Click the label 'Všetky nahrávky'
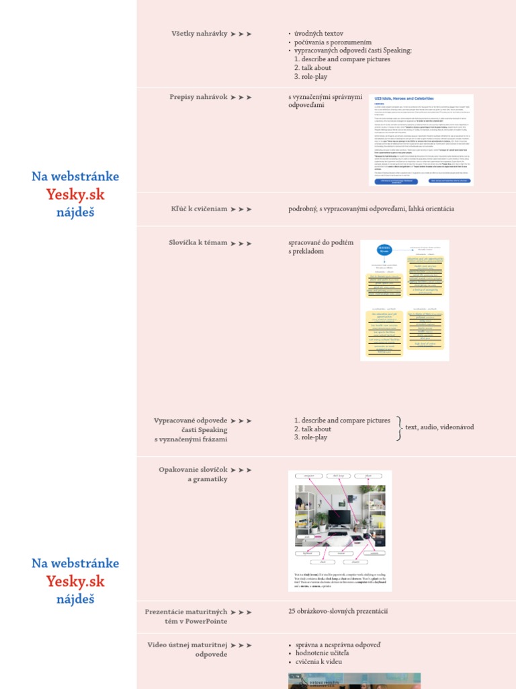[199, 33]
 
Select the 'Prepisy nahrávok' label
[198, 97]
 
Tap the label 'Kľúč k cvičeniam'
[199, 209]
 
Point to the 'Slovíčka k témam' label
[198, 242]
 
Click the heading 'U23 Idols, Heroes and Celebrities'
[404, 99]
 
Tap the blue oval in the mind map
[384, 250]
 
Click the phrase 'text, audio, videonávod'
[439, 427]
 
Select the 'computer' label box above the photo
[309, 476]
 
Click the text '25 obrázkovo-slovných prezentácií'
[338, 611]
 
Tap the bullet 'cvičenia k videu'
[318, 661]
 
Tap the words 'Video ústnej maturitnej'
[187, 645]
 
